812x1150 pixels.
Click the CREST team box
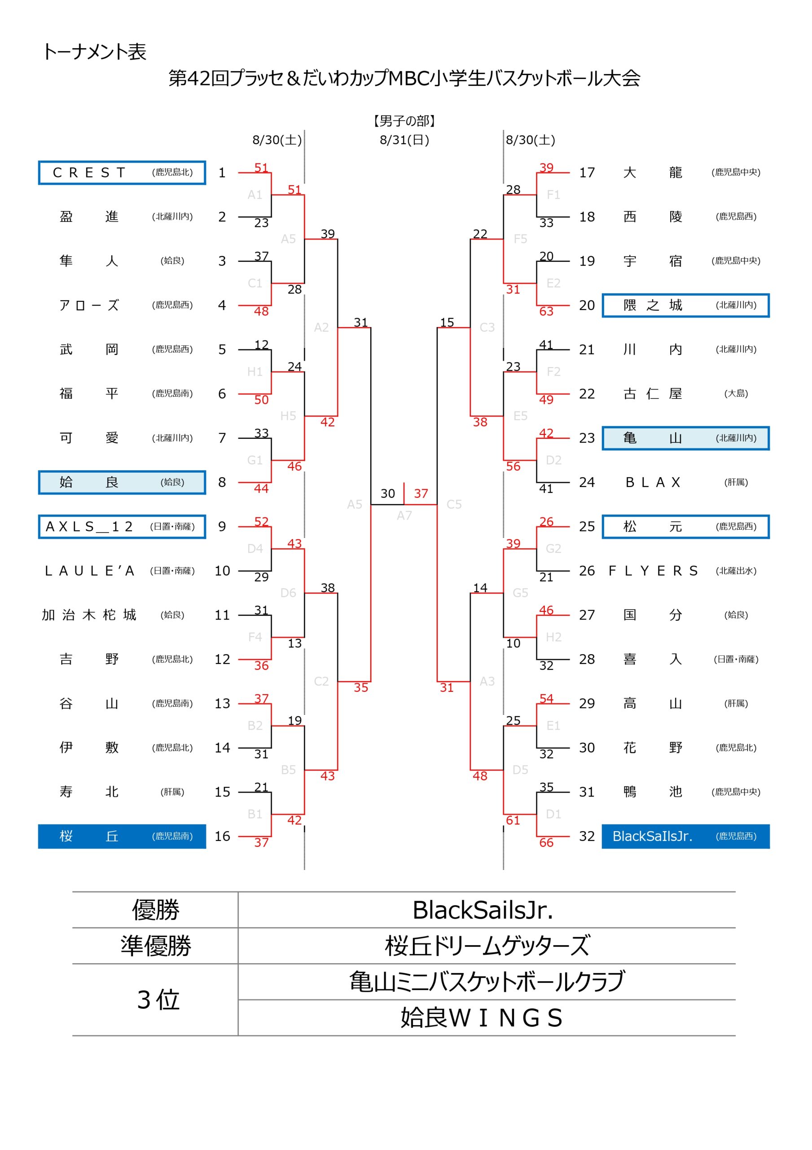pos(122,173)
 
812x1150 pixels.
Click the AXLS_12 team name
pos(89,526)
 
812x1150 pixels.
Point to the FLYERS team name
pos(653,571)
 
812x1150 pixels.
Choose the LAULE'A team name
pos(89,571)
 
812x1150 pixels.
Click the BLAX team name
pos(653,482)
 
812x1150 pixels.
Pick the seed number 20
pos(587,305)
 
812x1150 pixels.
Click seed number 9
pos(222,526)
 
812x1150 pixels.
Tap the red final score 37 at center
pos(421,493)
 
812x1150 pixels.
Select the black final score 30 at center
pos(387,493)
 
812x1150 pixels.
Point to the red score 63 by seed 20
pos(546,312)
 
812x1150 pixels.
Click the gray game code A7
pos(404,515)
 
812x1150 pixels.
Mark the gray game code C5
pos(454,504)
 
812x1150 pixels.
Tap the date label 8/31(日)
pos(404,140)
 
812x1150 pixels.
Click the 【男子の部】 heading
pos(404,121)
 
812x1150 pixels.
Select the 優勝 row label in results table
pos(156,910)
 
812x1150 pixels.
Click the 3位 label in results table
pos(158,1000)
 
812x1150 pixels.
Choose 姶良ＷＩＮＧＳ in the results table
pos(482,1018)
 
